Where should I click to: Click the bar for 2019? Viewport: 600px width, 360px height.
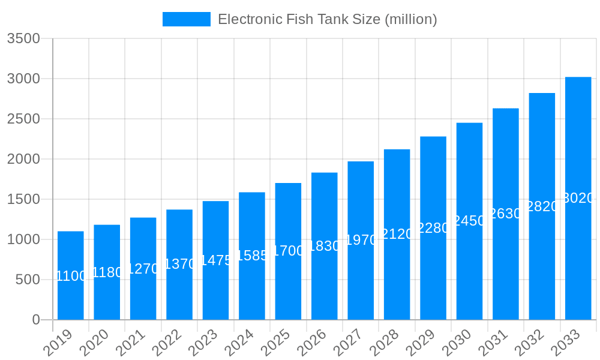71,275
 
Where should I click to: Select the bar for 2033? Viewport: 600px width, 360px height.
578,198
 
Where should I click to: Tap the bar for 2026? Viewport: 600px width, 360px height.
325,246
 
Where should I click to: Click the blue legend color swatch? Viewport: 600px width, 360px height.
187,19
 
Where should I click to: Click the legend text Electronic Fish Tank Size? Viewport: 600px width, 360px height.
327,19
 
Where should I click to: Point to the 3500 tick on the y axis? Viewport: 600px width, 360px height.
23,38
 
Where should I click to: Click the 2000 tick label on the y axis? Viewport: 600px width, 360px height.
23,159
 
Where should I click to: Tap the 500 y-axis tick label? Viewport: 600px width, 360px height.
28,280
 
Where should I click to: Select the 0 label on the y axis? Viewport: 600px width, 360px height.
36,320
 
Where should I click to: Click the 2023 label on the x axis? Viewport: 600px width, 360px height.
204,344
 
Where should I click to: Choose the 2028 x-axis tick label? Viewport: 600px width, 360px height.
385,344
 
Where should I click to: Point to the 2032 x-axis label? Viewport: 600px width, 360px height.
530,344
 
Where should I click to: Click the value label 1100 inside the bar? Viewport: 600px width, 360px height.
71,276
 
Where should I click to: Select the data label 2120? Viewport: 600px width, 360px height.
397,234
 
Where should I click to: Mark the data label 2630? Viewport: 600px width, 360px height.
506,214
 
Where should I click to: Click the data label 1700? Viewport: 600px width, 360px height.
289,251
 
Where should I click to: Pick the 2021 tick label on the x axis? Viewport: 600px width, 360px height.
131,344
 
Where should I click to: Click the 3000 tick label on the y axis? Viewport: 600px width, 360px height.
23,79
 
